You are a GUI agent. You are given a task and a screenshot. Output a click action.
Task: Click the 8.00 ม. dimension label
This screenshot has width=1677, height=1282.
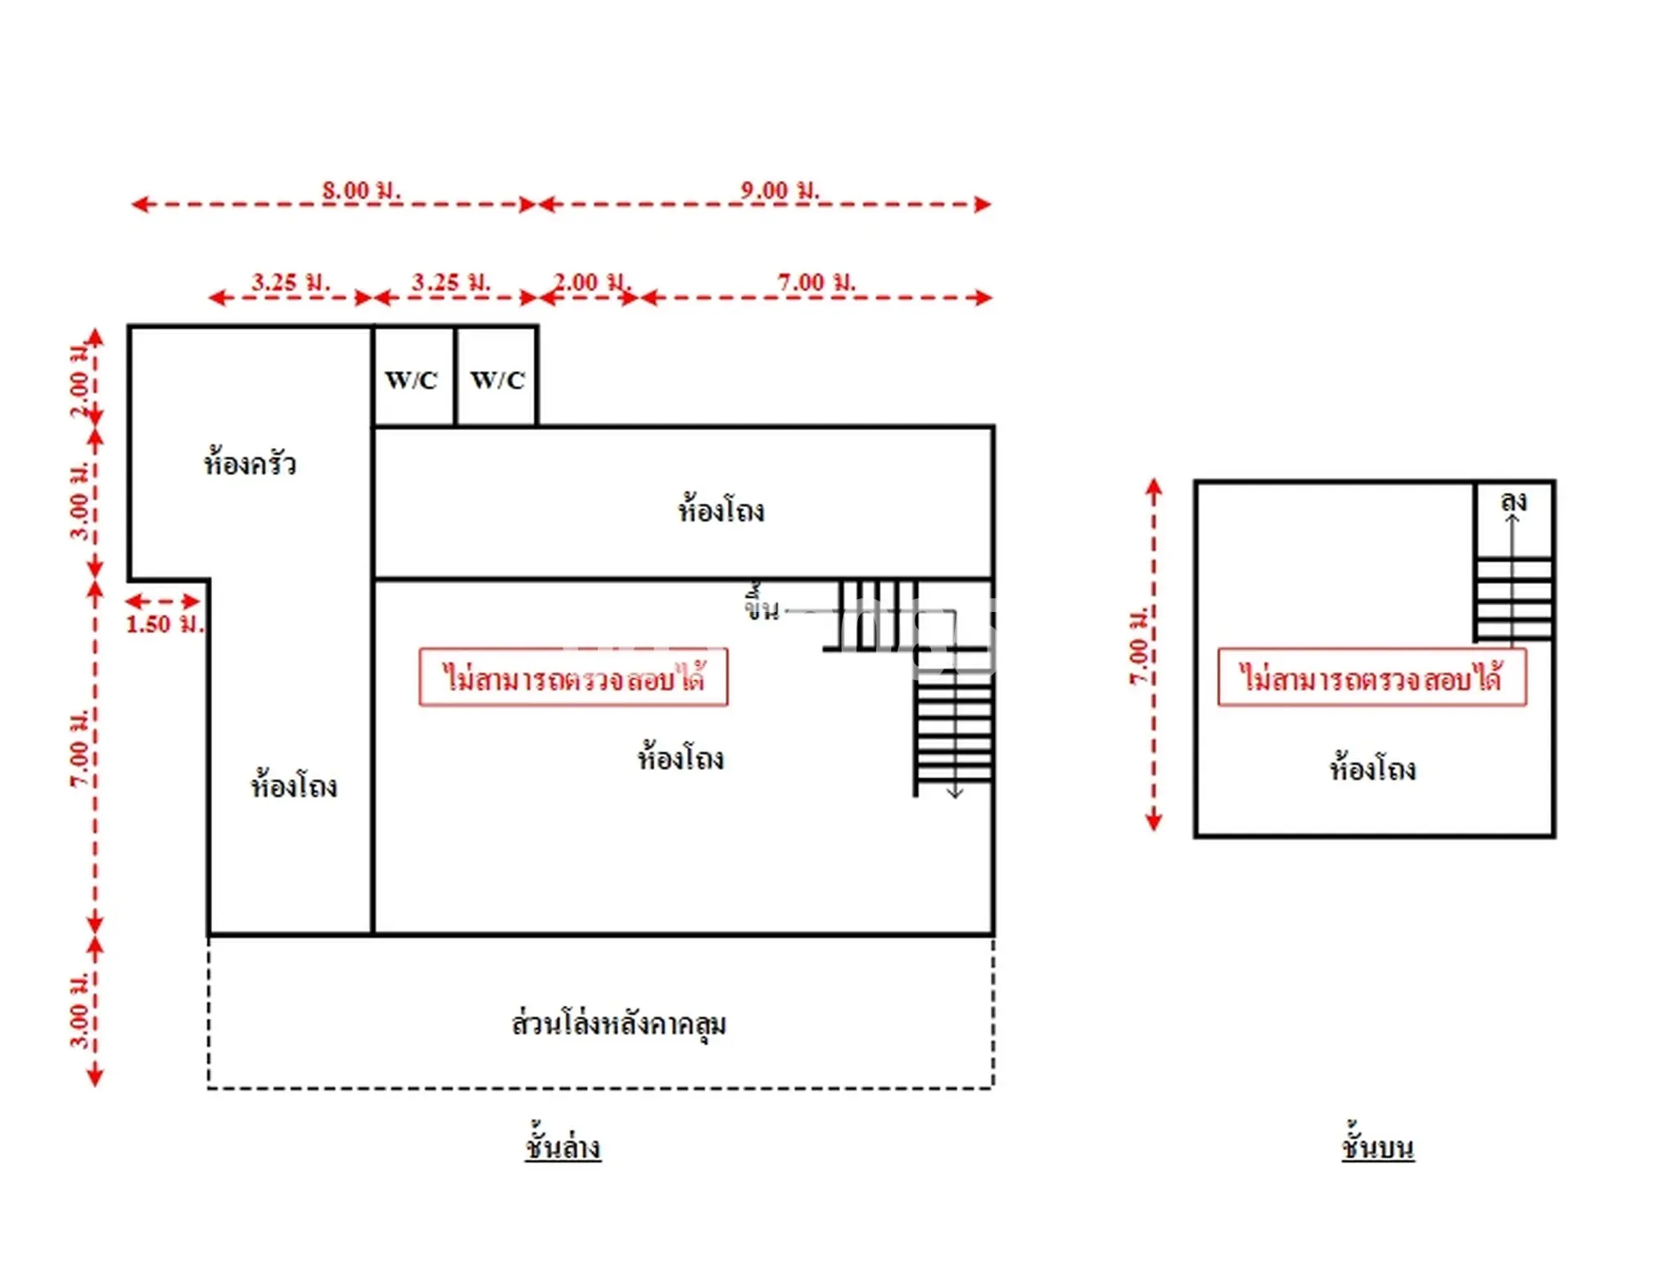coord(361,190)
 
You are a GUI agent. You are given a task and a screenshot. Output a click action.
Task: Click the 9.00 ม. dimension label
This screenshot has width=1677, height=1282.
coord(780,190)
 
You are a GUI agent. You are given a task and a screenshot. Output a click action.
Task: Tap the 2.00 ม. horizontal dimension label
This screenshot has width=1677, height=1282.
coord(592,283)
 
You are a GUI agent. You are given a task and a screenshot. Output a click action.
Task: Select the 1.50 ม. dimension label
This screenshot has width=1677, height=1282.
coord(164,624)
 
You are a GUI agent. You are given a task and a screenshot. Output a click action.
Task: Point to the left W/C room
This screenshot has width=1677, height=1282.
coord(414,376)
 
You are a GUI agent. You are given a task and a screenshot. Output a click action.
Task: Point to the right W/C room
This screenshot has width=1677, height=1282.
coord(496,376)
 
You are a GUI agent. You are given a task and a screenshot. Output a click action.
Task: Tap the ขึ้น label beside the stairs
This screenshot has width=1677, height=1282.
coord(762,604)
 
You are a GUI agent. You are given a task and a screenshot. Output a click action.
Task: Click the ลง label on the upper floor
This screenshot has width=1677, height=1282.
coord(1513,501)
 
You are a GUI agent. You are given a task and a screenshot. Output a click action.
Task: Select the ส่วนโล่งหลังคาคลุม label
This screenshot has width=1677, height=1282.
coord(619,1023)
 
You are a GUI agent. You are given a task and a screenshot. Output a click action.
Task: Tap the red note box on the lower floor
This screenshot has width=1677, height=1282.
coord(573,677)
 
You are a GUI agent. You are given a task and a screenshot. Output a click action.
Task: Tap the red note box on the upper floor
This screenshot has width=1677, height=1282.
coord(1372,677)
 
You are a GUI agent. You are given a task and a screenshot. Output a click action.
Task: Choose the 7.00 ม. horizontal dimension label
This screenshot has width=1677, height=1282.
coord(816,283)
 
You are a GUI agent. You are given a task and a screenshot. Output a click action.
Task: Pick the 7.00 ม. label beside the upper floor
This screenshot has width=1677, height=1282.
coord(1139,646)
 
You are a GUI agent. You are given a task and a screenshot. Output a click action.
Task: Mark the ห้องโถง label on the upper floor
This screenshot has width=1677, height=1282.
coord(1372,768)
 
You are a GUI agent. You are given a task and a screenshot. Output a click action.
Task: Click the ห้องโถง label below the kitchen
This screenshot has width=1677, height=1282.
coord(294,785)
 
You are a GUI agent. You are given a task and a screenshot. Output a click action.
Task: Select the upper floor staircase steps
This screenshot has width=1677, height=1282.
coord(1513,600)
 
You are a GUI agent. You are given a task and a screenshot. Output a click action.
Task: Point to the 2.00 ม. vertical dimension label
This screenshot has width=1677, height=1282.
coord(80,381)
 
